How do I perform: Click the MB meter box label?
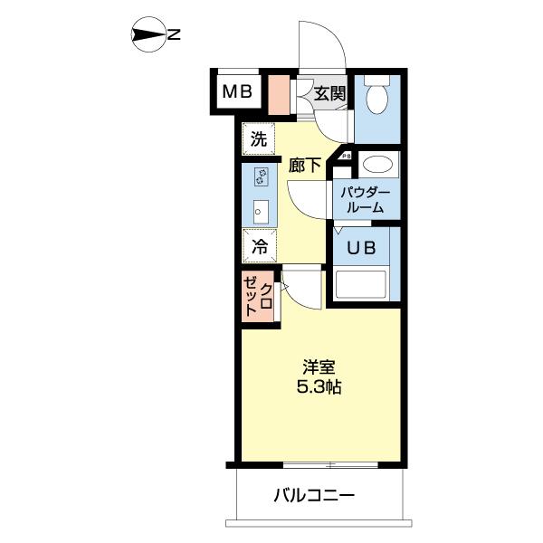pos(238,90)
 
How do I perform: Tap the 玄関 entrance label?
pos(330,92)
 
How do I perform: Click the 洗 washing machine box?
pos(259,139)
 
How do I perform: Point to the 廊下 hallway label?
pos(306,165)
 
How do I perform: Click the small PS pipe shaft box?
pos(346,157)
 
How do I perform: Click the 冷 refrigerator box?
pos(259,244)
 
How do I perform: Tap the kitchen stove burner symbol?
pos(260,176)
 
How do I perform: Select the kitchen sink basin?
pos(260,212)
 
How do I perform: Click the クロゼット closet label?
pos(259,296)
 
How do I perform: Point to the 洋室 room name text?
pos(319,367)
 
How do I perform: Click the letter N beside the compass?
pos(175,36)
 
